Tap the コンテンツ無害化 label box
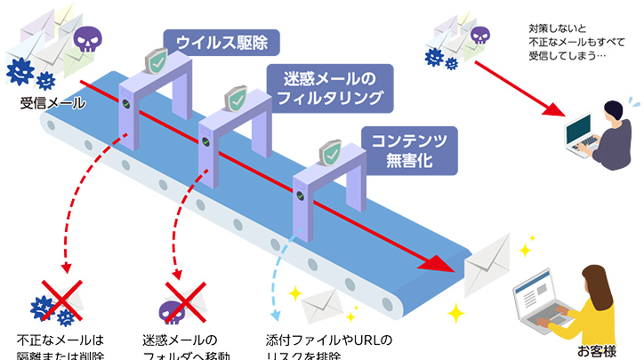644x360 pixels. pos(408,148)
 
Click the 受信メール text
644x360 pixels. pos(52,105)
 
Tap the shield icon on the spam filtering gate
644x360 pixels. pos(236,99)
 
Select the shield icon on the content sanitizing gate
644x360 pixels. pos(331,153)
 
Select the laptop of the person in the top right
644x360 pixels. pos(584,138)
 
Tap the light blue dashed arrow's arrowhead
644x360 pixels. pos(276,315)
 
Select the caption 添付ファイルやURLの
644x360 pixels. pos(329,340)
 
